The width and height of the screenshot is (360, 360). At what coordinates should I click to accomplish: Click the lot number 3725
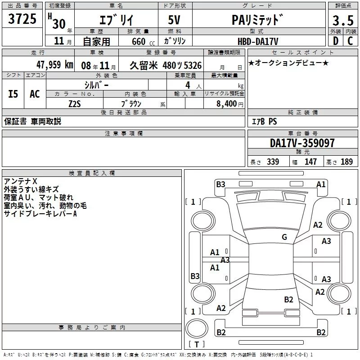coord(22,19)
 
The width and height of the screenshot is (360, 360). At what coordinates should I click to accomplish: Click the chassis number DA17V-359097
coord(302,143)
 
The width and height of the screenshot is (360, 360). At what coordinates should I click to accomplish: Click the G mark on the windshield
coord(284,237)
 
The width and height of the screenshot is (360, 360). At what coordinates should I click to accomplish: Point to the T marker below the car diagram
coord(197,344)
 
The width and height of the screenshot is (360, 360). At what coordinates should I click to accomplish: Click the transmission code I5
coord(13,94)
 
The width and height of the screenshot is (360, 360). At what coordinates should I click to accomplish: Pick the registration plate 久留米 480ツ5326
coord(166,65)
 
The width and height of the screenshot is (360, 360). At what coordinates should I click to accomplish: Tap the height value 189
coord(346,162)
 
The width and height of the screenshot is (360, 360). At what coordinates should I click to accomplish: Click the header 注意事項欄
coord(124,134)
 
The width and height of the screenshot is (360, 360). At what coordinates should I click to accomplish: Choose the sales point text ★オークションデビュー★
coord(288,63)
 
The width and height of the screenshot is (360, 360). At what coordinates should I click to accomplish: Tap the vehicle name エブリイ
coord(115,20)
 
